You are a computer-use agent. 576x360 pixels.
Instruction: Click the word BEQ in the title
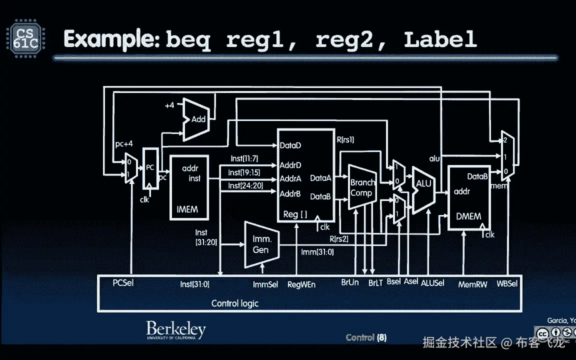pyautogui.click(x=188, y=39)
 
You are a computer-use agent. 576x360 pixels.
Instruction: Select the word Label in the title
pyautogui.click(x=440, y=39)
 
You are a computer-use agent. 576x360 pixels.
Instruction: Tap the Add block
pyautogui.click(x=197, y=119)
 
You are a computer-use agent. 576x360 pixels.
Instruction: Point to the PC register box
pyautogui.click(x=149, y=168)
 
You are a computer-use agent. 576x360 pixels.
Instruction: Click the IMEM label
pyautogui.click(x=187, y=209)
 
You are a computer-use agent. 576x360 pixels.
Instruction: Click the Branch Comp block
pyautogui.click(x=362, y=187)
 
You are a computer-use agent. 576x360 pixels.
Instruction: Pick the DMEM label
pyautogui.click(x=468, y=216)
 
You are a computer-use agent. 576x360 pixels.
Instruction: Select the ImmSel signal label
pyautogui.click(x=265, y=284)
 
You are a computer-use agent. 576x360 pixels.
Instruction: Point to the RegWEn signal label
pyautogui.click(x=301, y=284)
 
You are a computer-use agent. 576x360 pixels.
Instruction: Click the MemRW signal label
pyautogui.click(x=472, y=284)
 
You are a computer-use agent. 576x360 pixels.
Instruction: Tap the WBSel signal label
pyautogui.click(x=507, y=283)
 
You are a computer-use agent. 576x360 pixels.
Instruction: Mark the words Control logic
pyautogui.click(x=234, y=303)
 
